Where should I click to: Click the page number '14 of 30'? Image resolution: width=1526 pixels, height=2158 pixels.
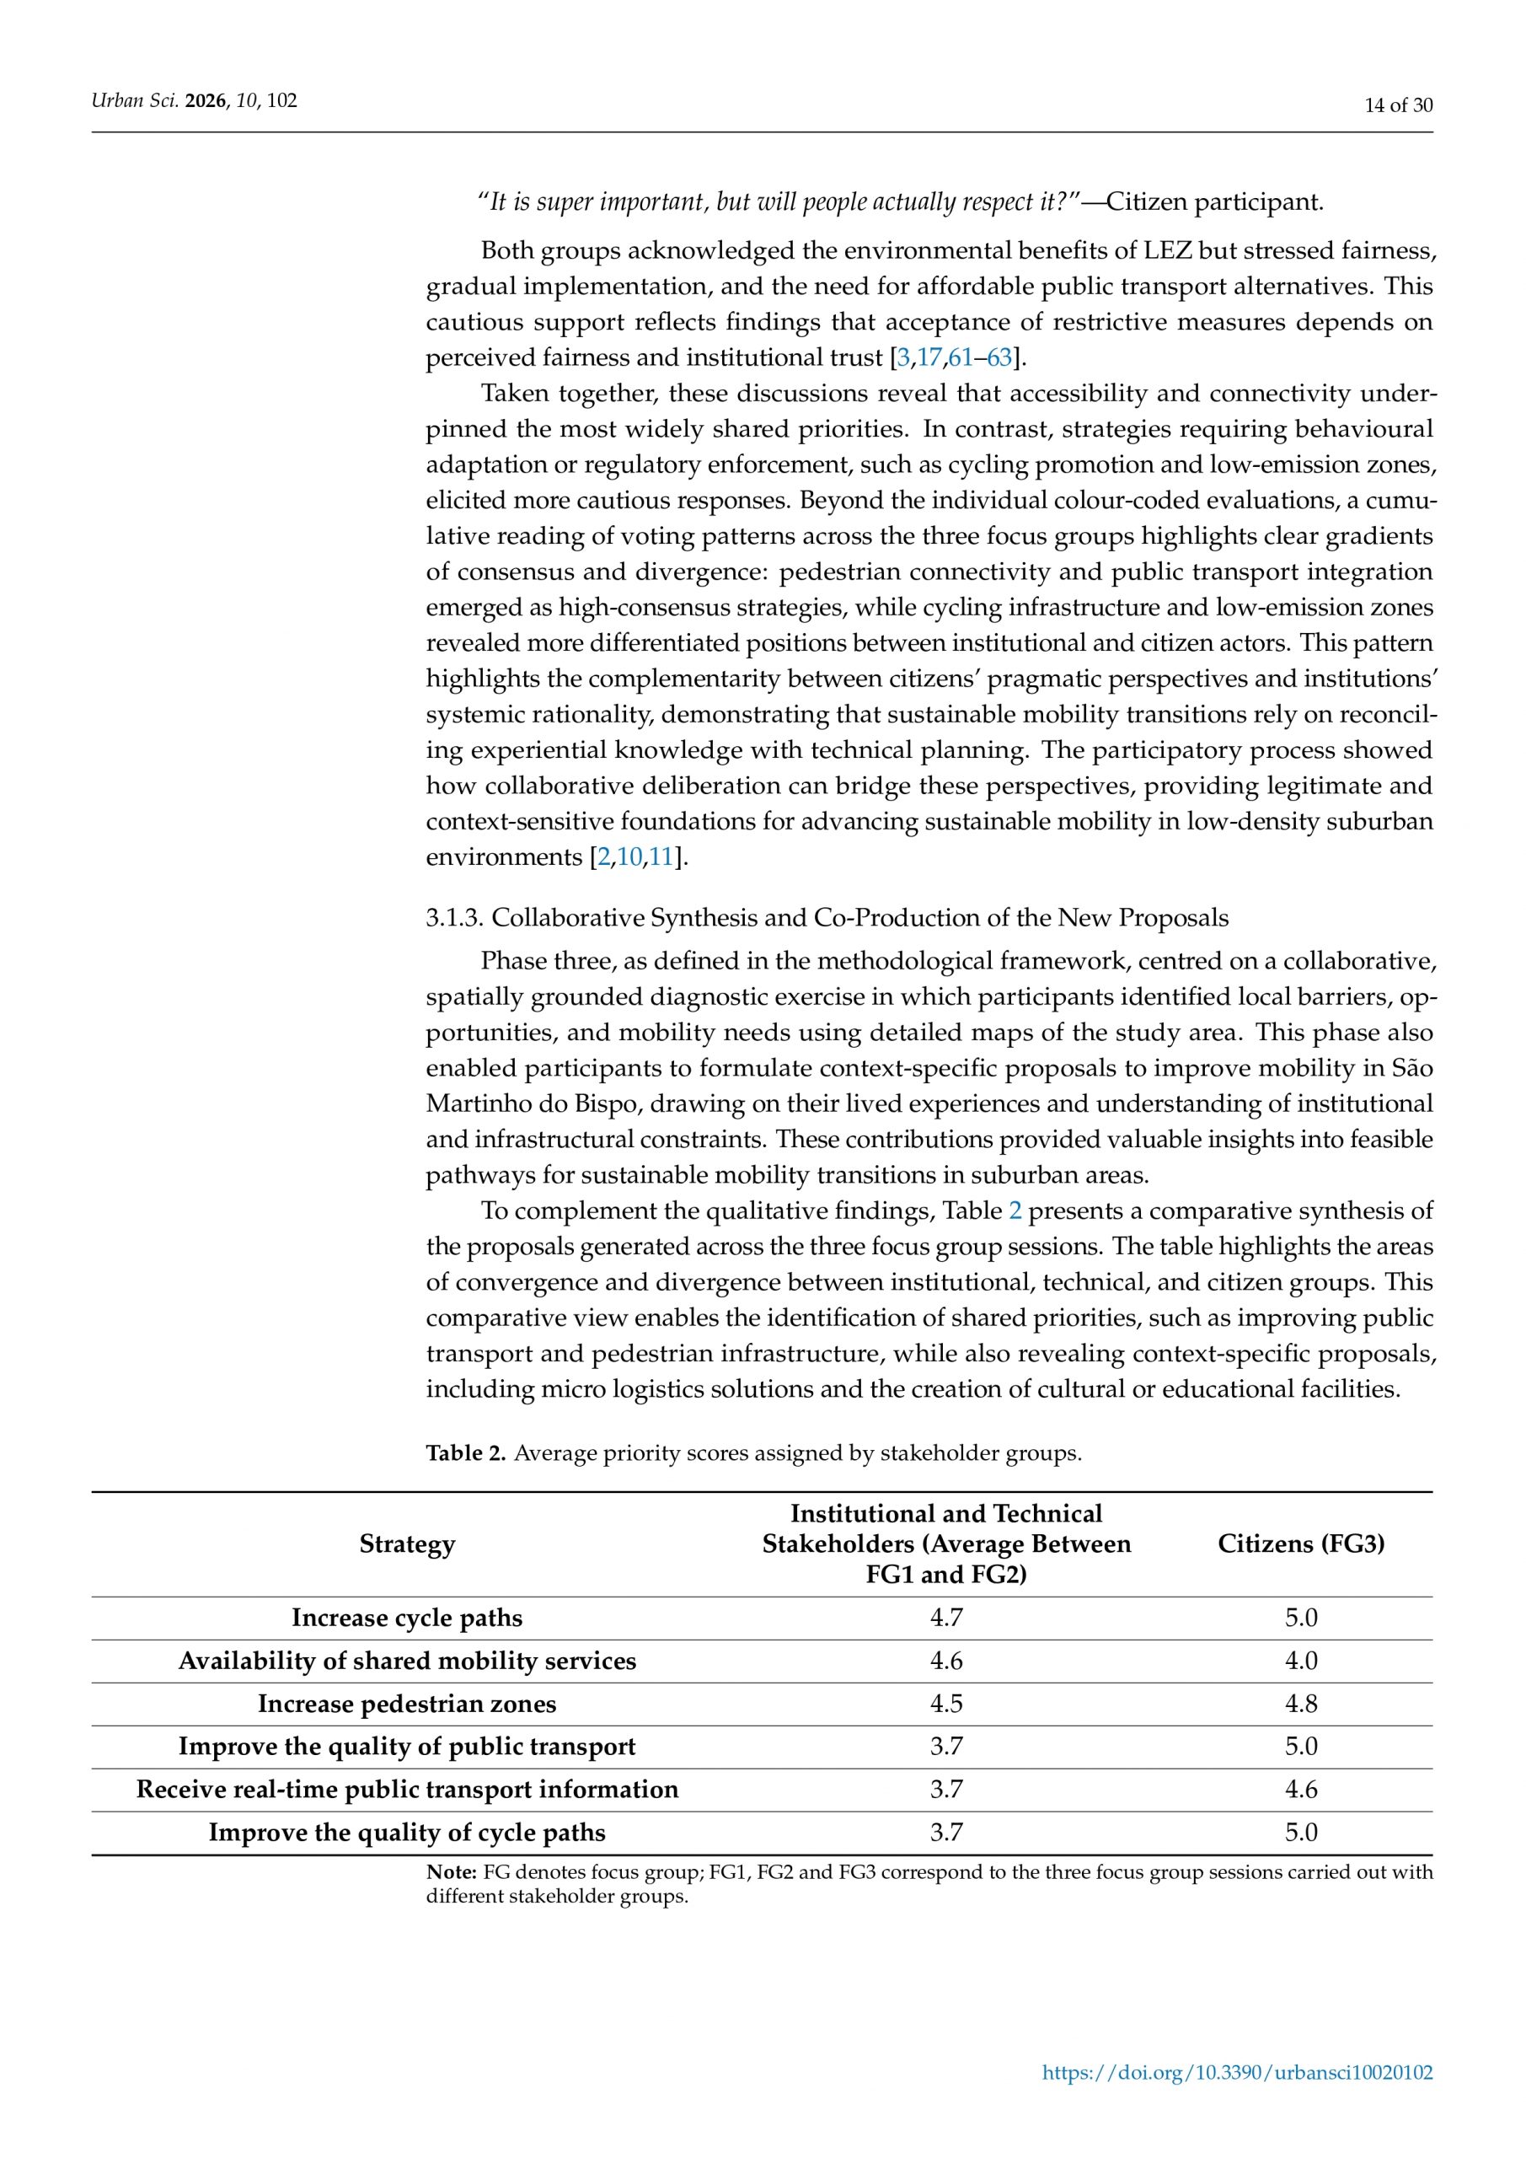click(1398, 105)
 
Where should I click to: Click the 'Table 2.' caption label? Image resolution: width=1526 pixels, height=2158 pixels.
click(466, 1453)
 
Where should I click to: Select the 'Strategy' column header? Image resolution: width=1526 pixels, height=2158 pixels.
click(407, 1544)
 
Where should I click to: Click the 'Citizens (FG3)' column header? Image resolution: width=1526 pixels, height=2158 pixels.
click(1300, 1544)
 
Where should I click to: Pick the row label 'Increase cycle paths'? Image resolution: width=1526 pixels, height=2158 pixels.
click(407, 1618)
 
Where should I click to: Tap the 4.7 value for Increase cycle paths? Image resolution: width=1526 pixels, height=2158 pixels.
click(946, 1618)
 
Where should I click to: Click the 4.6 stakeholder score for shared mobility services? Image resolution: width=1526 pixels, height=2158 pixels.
click(946, 1661)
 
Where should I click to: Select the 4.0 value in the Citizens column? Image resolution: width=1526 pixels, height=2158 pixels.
click(1300, 1661)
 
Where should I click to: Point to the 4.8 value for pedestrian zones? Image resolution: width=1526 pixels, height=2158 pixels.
click(1300, 1704)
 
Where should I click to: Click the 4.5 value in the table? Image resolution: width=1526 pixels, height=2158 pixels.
click(946, 1704)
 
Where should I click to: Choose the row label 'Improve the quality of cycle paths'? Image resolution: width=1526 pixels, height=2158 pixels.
click(407, 1833)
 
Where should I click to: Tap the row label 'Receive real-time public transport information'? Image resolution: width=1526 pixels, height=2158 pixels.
click(407, 1790)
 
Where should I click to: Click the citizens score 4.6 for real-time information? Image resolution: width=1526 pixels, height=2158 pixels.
click(1300, 1790)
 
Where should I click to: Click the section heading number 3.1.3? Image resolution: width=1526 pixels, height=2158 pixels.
click(455, 918)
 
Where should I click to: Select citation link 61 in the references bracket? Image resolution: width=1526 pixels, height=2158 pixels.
click(960, 358)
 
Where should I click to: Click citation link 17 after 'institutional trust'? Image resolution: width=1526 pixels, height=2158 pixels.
click(929, 358)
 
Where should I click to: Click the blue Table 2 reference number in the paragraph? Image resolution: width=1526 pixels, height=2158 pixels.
click(1015, 1211)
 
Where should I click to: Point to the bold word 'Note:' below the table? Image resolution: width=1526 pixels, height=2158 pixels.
click(451, 1872)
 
